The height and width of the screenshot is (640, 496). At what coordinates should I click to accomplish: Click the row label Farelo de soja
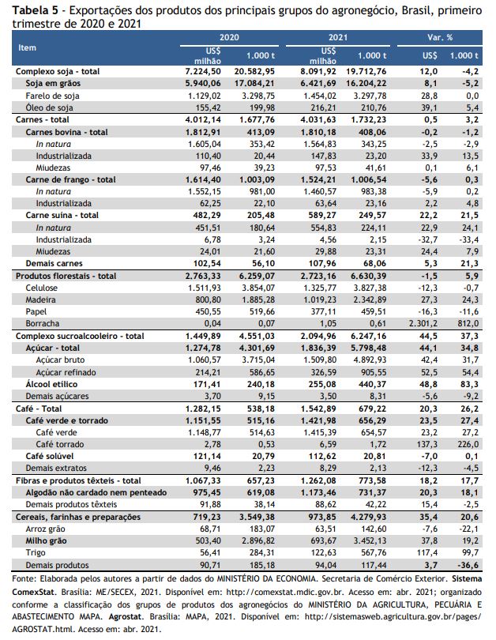point(52,96)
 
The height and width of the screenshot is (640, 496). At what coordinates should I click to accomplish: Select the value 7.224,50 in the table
point(203,71)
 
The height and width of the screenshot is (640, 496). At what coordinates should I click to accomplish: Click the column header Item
point(27,47)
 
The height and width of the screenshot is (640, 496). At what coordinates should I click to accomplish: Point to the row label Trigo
point(36,553)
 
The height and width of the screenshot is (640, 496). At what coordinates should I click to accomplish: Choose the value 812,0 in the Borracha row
point(468,324)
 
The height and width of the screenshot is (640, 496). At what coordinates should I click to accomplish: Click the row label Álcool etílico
point(51,384)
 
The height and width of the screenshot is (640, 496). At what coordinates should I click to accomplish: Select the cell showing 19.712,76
point(366,71)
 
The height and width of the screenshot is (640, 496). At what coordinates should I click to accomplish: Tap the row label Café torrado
point(60,444)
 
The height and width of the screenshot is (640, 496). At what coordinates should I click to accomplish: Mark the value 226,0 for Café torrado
point(468,444)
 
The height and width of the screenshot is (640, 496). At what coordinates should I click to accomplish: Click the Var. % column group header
point(440,38)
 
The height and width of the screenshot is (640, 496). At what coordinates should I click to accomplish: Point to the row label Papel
point(36,312)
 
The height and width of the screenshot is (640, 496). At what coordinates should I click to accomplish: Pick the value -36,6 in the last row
point(468,565)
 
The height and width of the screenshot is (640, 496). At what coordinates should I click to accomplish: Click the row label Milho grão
point(46,540)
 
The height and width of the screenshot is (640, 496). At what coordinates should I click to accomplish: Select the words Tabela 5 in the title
point(34,10)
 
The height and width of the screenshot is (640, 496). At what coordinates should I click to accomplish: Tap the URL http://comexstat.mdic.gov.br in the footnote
point(284,592)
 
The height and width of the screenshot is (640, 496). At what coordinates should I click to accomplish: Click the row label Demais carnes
point(54,264)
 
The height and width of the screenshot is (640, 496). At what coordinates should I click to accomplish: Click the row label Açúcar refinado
point(66,372)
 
